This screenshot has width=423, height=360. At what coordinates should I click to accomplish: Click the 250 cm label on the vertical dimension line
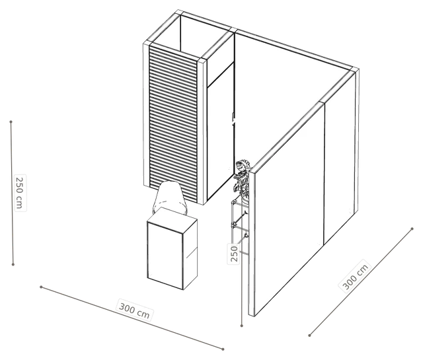(20, 192)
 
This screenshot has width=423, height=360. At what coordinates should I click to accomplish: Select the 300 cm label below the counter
(134, 310)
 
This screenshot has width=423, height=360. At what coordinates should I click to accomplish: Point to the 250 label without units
(233, 254)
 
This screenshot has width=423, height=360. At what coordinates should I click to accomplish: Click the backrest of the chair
(169, 197)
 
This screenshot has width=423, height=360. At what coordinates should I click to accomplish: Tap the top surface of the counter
(172, 219)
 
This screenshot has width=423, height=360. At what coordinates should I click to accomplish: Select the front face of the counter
(165, 256)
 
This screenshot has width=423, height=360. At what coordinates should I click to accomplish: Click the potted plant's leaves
(243, 176)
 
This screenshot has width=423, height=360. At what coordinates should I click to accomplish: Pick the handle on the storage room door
(233, 119)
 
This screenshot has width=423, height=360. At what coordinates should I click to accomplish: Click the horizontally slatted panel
(173, 124)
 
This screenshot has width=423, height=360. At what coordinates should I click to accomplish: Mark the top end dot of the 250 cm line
(11, 122)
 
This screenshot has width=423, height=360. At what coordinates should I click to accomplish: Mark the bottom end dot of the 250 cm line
(13, 264)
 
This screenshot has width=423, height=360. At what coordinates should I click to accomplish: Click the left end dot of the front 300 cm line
(41, 287)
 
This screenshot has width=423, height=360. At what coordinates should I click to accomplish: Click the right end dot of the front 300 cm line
(223, 349)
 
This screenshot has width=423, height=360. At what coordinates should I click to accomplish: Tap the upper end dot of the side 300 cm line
(412, 229)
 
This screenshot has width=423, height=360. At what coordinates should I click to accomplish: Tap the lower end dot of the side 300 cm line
(310, 336)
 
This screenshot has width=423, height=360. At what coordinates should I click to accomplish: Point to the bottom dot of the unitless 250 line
(242, 326)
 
